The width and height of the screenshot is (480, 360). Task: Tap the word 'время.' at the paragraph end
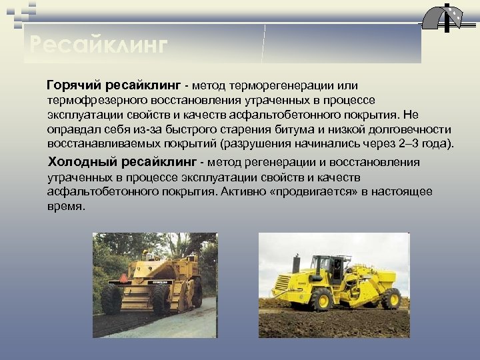67,206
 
